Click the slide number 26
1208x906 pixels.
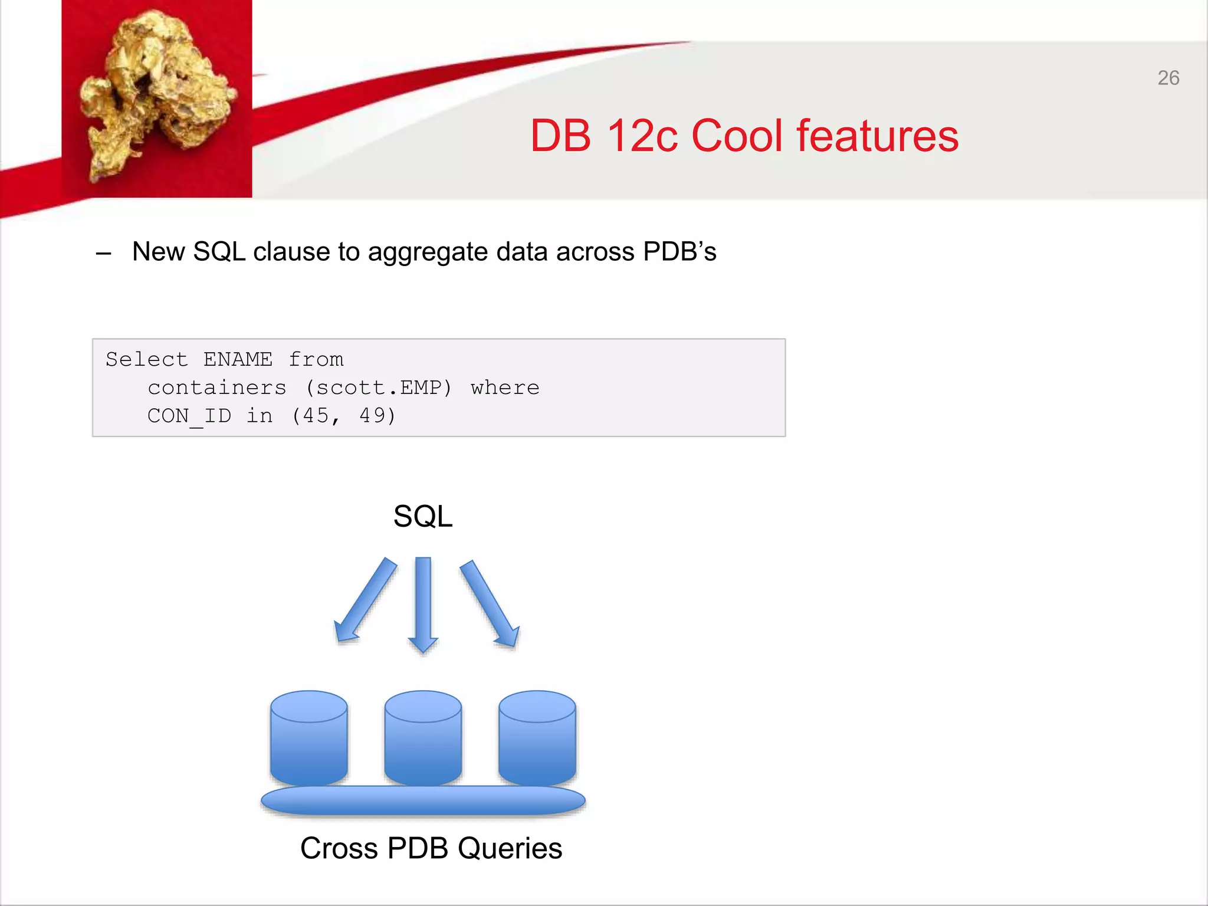click(x=1168, y=78)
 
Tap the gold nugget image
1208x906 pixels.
click(x=156, y=97)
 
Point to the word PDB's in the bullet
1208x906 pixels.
click(x=679, y=252)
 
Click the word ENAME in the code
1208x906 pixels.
click(x=238, y=359)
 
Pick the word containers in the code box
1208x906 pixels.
click(x=217, y=388)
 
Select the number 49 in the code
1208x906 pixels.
click(x=373, y=415)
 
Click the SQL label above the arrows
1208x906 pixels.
click(x=422, y=516)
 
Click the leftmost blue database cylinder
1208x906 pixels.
click(x=308, y=740)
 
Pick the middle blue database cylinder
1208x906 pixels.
click(x=423, y=740)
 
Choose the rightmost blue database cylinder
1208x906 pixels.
click(x=537, y=740)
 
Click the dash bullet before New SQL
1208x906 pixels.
click(x=104, y=254)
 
